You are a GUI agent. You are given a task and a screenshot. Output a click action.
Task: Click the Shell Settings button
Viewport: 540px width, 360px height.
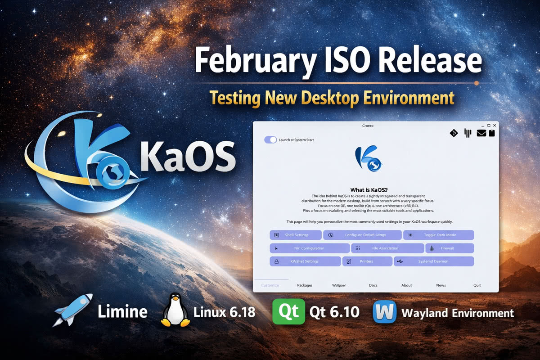click(x=296, y=235)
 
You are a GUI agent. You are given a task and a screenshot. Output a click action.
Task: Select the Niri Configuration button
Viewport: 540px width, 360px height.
click(x=310, y=248)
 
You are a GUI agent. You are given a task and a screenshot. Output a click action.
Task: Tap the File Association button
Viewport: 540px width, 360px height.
click(x=387, y=248)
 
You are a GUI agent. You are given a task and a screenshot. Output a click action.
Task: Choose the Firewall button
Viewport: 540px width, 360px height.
click(x=450, y=248)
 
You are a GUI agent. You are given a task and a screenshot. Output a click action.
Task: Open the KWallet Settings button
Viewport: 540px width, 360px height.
click(x=305, y=261)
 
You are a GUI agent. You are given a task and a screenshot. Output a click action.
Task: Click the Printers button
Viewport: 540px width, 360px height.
click(x=367, y=261)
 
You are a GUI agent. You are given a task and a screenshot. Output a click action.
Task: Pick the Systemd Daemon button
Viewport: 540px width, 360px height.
click(x=434, y=261)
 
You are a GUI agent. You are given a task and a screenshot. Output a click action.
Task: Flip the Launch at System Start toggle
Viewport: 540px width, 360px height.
click(x=270, y=140)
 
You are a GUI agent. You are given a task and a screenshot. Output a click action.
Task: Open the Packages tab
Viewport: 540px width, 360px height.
click(x=305, y=285)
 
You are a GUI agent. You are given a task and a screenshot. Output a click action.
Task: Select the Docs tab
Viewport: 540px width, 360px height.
click(x=373, y=285)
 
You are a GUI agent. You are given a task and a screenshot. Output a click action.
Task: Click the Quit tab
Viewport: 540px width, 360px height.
click(x=477, y=285)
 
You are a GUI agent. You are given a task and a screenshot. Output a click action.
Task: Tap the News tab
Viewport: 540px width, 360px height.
click(x=441, y=285)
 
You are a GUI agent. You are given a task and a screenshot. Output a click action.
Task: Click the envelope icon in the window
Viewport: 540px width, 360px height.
click(x=481, y=133)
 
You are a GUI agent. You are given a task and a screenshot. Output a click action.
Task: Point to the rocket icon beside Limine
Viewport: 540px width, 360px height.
click(x=73, y=310)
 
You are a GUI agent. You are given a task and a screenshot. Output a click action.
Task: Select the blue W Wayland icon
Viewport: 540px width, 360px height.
click(x=384, y=311)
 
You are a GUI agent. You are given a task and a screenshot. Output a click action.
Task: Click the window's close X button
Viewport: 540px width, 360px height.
click(x=495, y=125)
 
